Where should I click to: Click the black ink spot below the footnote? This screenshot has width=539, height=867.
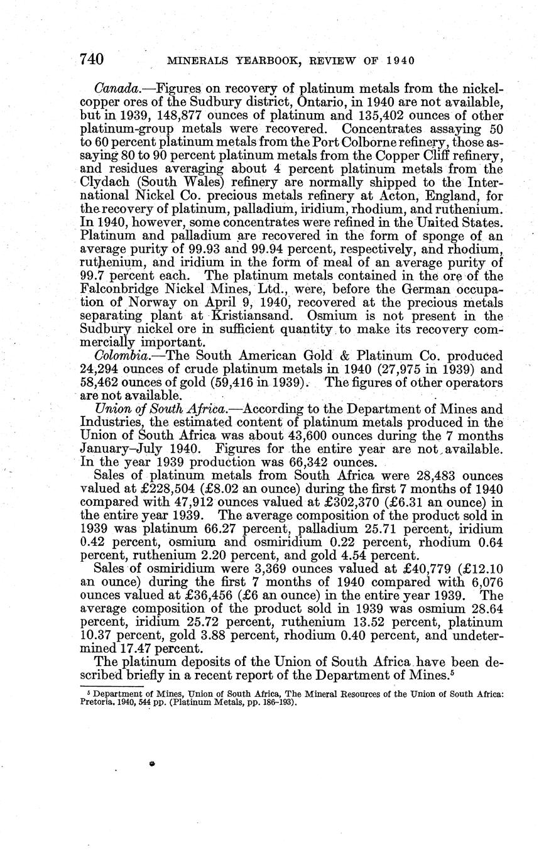152,763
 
